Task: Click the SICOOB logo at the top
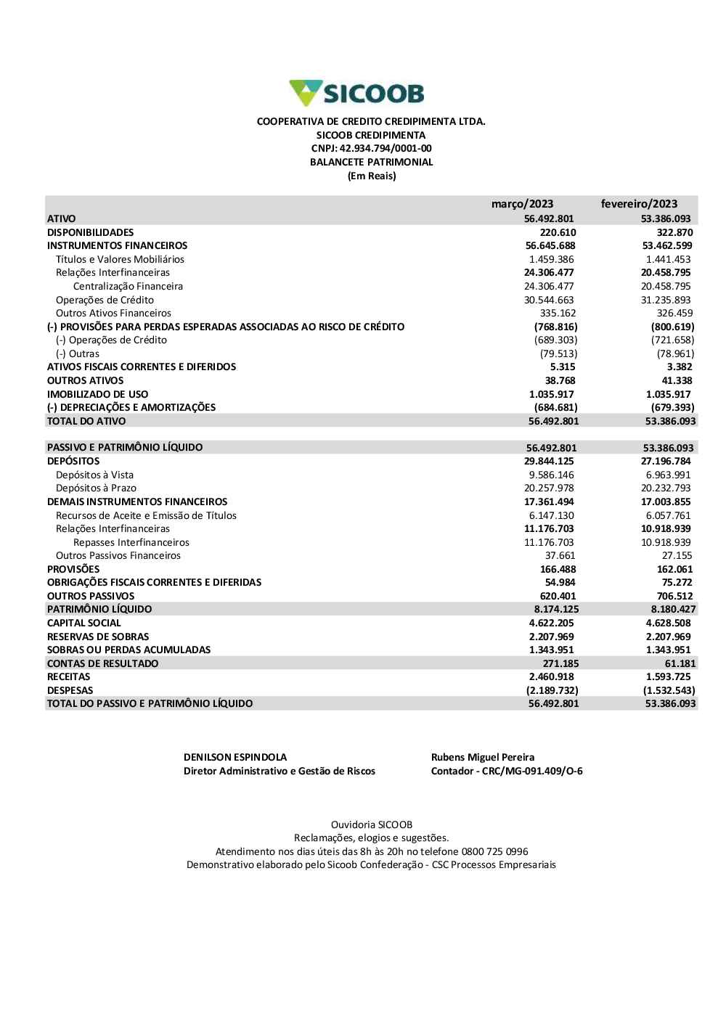356,94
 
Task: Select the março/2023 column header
522,204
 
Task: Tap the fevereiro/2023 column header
639,204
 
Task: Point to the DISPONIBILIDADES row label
91,232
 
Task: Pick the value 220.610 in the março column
558,232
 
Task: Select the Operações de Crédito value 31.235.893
666,300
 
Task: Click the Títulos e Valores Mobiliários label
120,259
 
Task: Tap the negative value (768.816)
555,327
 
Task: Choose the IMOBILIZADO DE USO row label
97,394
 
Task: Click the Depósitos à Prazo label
96,488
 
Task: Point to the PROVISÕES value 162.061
674,570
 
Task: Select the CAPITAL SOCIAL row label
84,623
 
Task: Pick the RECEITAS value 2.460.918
551,677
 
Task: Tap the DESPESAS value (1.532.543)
669,690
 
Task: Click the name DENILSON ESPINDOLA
235,757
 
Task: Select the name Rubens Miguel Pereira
483,757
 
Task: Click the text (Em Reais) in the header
372,176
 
